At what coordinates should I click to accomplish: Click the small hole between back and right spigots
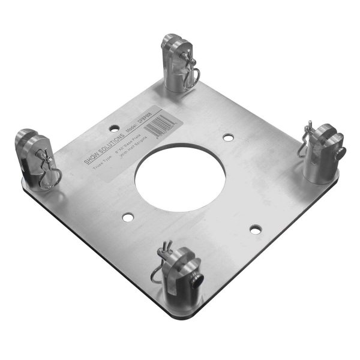coord(228,137)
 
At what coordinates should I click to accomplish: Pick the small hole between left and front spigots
coord(127,215)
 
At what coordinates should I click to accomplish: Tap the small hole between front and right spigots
coord(256,229)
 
